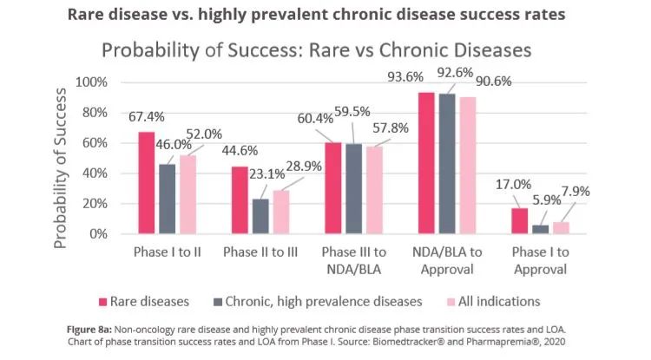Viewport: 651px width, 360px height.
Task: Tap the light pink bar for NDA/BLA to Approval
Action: tap(469, 165)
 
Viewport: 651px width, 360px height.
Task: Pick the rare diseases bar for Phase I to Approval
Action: tap(519, 221)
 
